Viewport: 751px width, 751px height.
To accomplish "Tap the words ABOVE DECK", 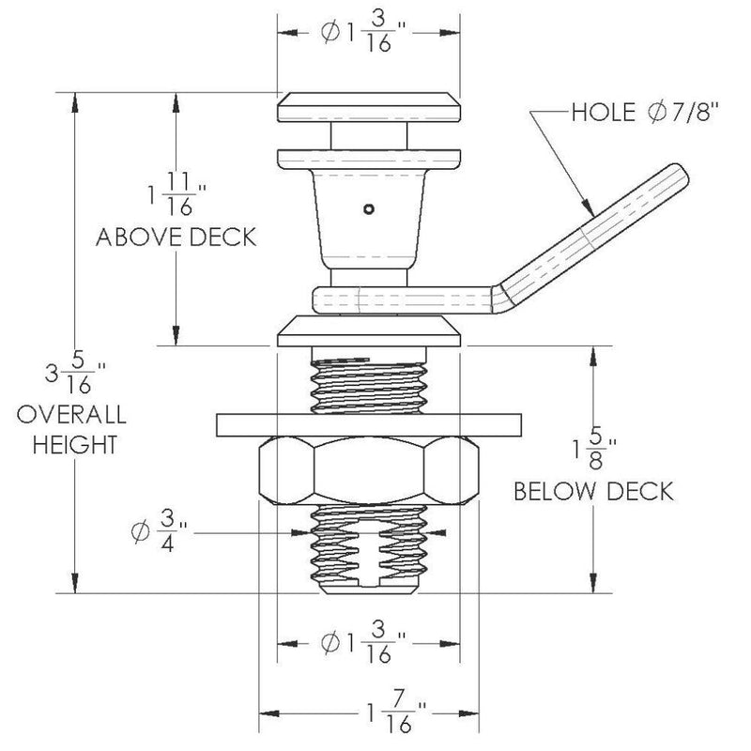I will pos(176,238).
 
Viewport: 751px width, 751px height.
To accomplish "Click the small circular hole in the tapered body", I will pos(371,208).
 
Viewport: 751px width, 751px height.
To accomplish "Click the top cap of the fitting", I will pos(368,106).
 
